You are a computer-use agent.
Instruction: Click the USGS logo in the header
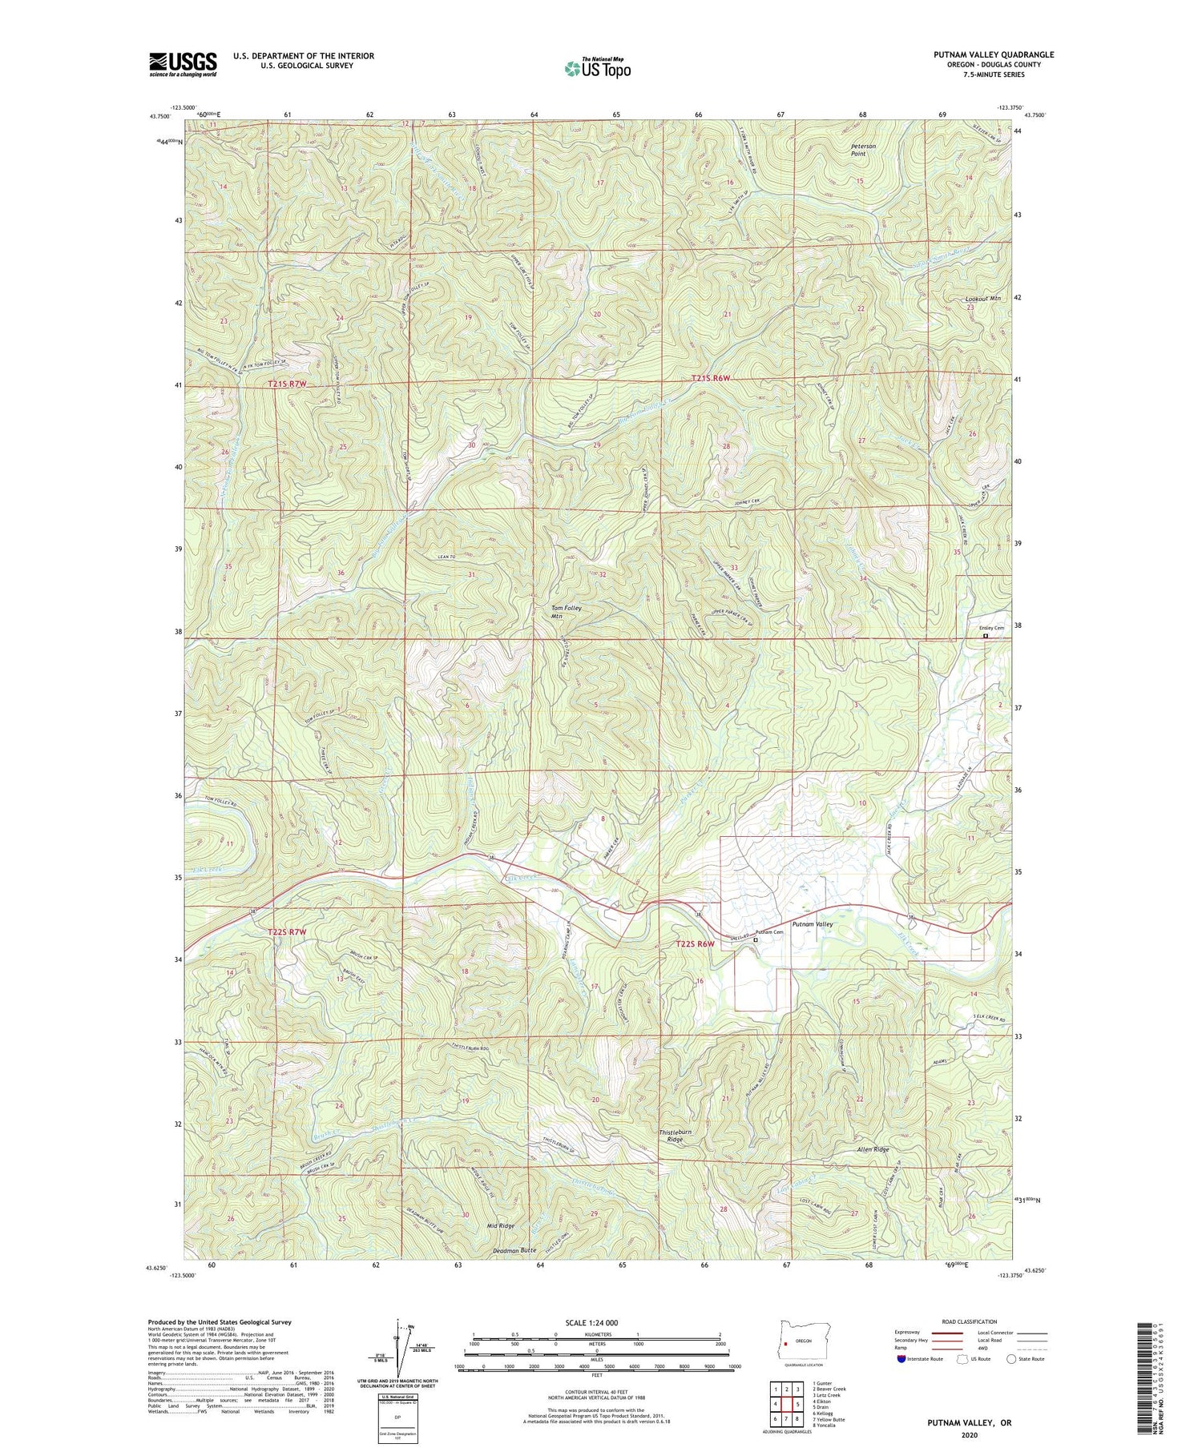[x=183, y=64]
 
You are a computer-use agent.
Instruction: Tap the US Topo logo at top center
[x=597, y=68]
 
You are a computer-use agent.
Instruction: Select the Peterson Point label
[x=863, y=151]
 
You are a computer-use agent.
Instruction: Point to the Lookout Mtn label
[x=983, y=299]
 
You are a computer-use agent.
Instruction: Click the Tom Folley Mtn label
[x=566, y=612]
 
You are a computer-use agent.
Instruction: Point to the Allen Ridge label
[x=873, y=1149]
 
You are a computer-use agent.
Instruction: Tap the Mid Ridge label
[x=501, y=1226]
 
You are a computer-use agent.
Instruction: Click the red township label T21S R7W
[x=287, y=384]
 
